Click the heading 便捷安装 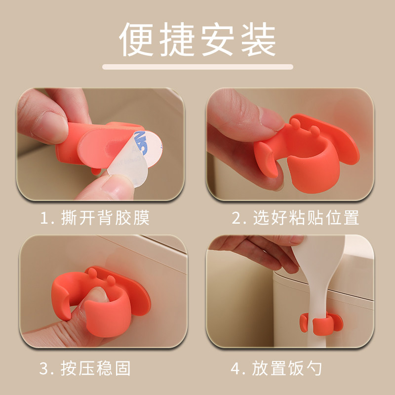197,39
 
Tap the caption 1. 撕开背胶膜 95,218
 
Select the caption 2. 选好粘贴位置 295,218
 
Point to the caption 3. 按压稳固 85,368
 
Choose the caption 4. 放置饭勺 276,368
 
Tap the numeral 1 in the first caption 44,218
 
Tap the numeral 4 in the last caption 236,368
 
